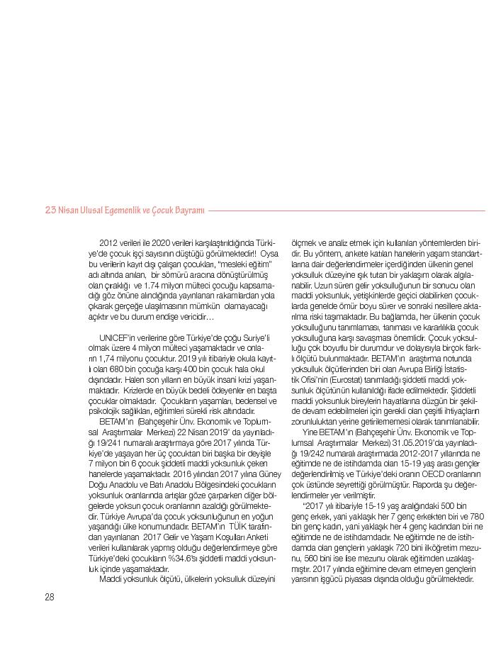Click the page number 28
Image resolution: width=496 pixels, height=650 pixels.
(x=49, y=597)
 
